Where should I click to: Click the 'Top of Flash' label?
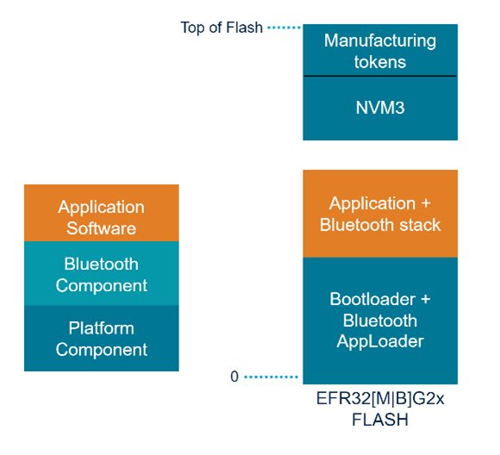click(221, 28)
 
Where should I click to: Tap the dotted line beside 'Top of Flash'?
click(283, 28)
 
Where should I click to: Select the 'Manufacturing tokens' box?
click(380, 51)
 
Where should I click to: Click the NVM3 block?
click(380, 109)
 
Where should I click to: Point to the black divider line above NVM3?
click(380, 77)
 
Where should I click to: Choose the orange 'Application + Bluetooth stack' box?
click(380, 214)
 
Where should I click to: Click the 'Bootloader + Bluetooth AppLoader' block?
click(380, 321)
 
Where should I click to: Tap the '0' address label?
click(234, 377)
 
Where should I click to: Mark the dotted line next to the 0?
click(271, 377)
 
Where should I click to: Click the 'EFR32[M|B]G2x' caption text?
click(380, 401)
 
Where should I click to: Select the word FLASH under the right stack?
click(380, 421)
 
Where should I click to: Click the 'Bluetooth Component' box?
click(102, 274)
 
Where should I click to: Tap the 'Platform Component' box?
click(102, 339)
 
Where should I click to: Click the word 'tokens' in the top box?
click(380, 62)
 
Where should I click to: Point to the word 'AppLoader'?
click(380, 342)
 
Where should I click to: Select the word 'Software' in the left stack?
click(102, 228)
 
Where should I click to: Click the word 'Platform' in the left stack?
click(102, 328)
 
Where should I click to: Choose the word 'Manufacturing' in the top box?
click(380, 41)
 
